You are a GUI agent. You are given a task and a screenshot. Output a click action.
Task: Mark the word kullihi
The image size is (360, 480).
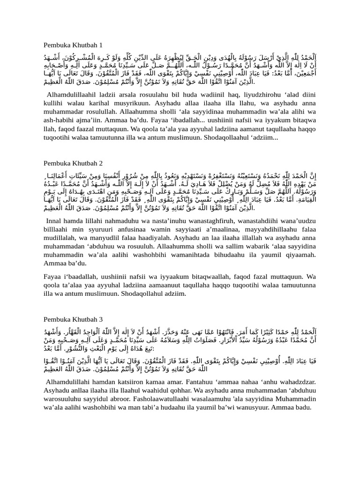(x=54, y=104)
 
